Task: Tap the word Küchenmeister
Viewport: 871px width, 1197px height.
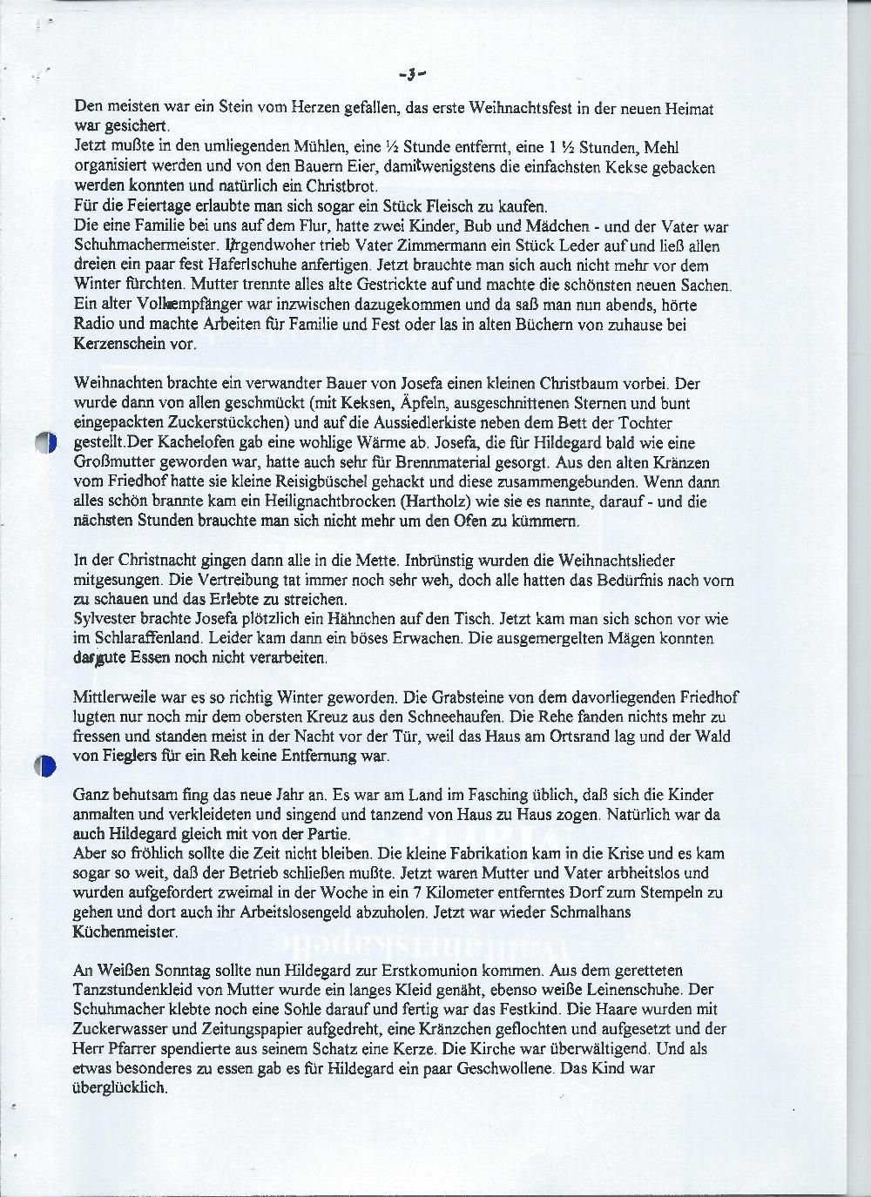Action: pos(125,932)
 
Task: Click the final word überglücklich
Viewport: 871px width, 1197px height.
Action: pos(121,1089)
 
